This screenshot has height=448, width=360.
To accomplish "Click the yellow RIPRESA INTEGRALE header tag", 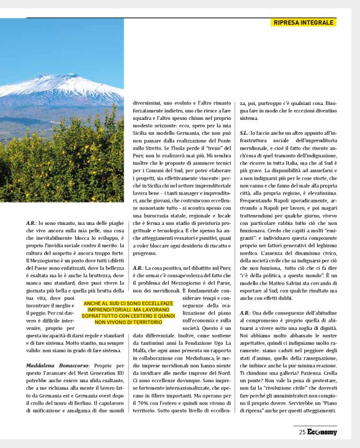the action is point(304,23).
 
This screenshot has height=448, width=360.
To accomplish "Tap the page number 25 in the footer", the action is point(302,432).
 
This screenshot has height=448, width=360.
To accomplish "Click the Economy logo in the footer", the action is point(322,432).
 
